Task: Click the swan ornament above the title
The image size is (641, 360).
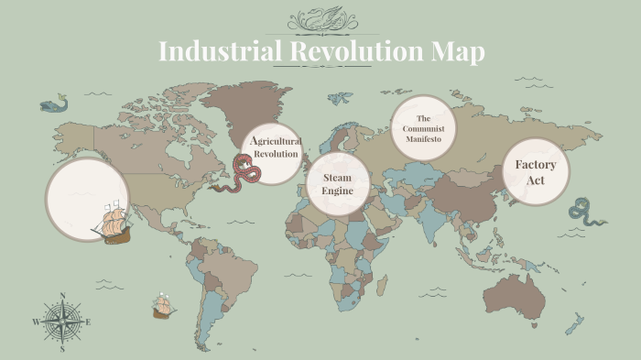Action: click(321, 18)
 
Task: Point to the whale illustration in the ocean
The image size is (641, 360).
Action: click(54, 104)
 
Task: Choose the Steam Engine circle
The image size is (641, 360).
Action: click(337, 183)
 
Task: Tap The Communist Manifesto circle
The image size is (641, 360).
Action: click(423, 129)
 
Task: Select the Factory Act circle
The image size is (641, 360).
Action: click(536, 172)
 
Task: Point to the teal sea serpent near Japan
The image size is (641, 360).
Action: click(585, 213)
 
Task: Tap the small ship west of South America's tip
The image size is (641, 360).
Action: click(164, 307)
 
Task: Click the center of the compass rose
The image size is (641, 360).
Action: click(62, 322)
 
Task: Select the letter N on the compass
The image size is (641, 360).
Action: click(62, 296)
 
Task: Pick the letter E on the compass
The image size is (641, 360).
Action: click(88, 322)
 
